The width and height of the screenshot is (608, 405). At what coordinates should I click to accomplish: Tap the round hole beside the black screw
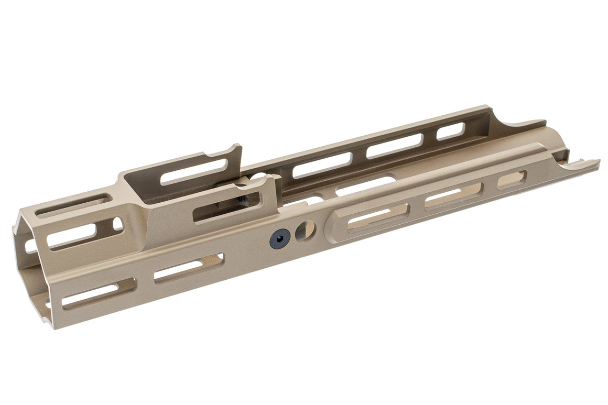[x=305, y=231]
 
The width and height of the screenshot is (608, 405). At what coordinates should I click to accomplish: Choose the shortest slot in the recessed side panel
[x=512, y=180]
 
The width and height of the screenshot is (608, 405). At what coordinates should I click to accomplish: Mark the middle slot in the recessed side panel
[x=454, y=196]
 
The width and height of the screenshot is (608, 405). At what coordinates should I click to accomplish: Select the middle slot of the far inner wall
[x=394, y=146]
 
